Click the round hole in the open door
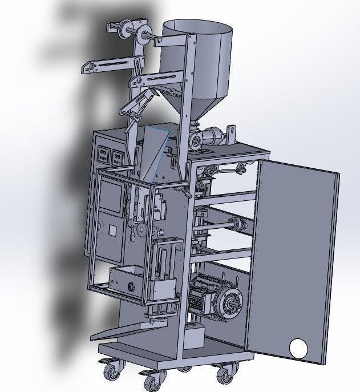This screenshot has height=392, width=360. point(298,347)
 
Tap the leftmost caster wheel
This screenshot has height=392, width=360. point(111,371)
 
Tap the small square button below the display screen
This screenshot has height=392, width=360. point(112,231)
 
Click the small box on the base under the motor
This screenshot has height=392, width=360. point(193,336)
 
